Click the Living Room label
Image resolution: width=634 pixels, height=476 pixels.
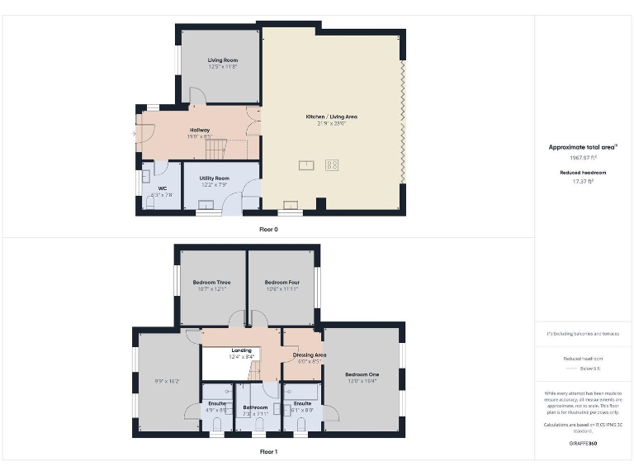[222, 60]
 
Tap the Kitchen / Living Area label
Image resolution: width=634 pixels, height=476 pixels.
[331, 117]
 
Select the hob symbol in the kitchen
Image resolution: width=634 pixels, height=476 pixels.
[332, 164]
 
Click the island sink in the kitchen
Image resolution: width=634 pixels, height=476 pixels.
[306, 164]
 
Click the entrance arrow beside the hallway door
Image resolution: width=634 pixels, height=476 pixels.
[134, 132]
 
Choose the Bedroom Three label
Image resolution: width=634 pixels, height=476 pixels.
[211, 283]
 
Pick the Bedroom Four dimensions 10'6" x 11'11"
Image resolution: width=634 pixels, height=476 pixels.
[282, 289]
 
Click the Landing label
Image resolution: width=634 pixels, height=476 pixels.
[241, 350]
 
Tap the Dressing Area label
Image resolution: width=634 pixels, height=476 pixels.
[310, 355]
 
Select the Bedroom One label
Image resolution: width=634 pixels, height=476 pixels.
[362, 374]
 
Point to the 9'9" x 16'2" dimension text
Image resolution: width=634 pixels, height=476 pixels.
[168, 381]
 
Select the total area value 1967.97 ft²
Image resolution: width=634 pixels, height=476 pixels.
[584, 157]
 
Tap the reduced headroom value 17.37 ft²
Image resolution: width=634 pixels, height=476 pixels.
[584, 180]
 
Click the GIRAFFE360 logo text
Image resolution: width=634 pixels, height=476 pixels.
[583, 444]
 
